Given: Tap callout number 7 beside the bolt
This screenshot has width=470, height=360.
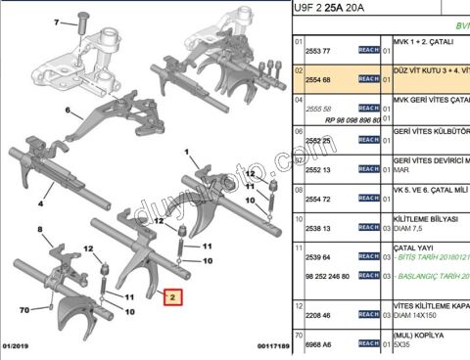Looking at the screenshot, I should tap(59, 21).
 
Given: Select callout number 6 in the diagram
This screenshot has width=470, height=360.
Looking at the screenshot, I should tap(69, 111).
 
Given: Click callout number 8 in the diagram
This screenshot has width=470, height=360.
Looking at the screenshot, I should tap(40, 231).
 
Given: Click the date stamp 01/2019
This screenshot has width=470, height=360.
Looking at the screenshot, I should tap(18, 345).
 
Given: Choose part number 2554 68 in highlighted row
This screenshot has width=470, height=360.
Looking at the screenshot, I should tap(318, 78).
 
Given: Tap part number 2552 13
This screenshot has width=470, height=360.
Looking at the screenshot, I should tap(318, 168).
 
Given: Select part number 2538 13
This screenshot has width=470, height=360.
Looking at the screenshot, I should tap(318, 228).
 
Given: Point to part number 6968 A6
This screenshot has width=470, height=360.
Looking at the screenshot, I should tap(318, 344).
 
